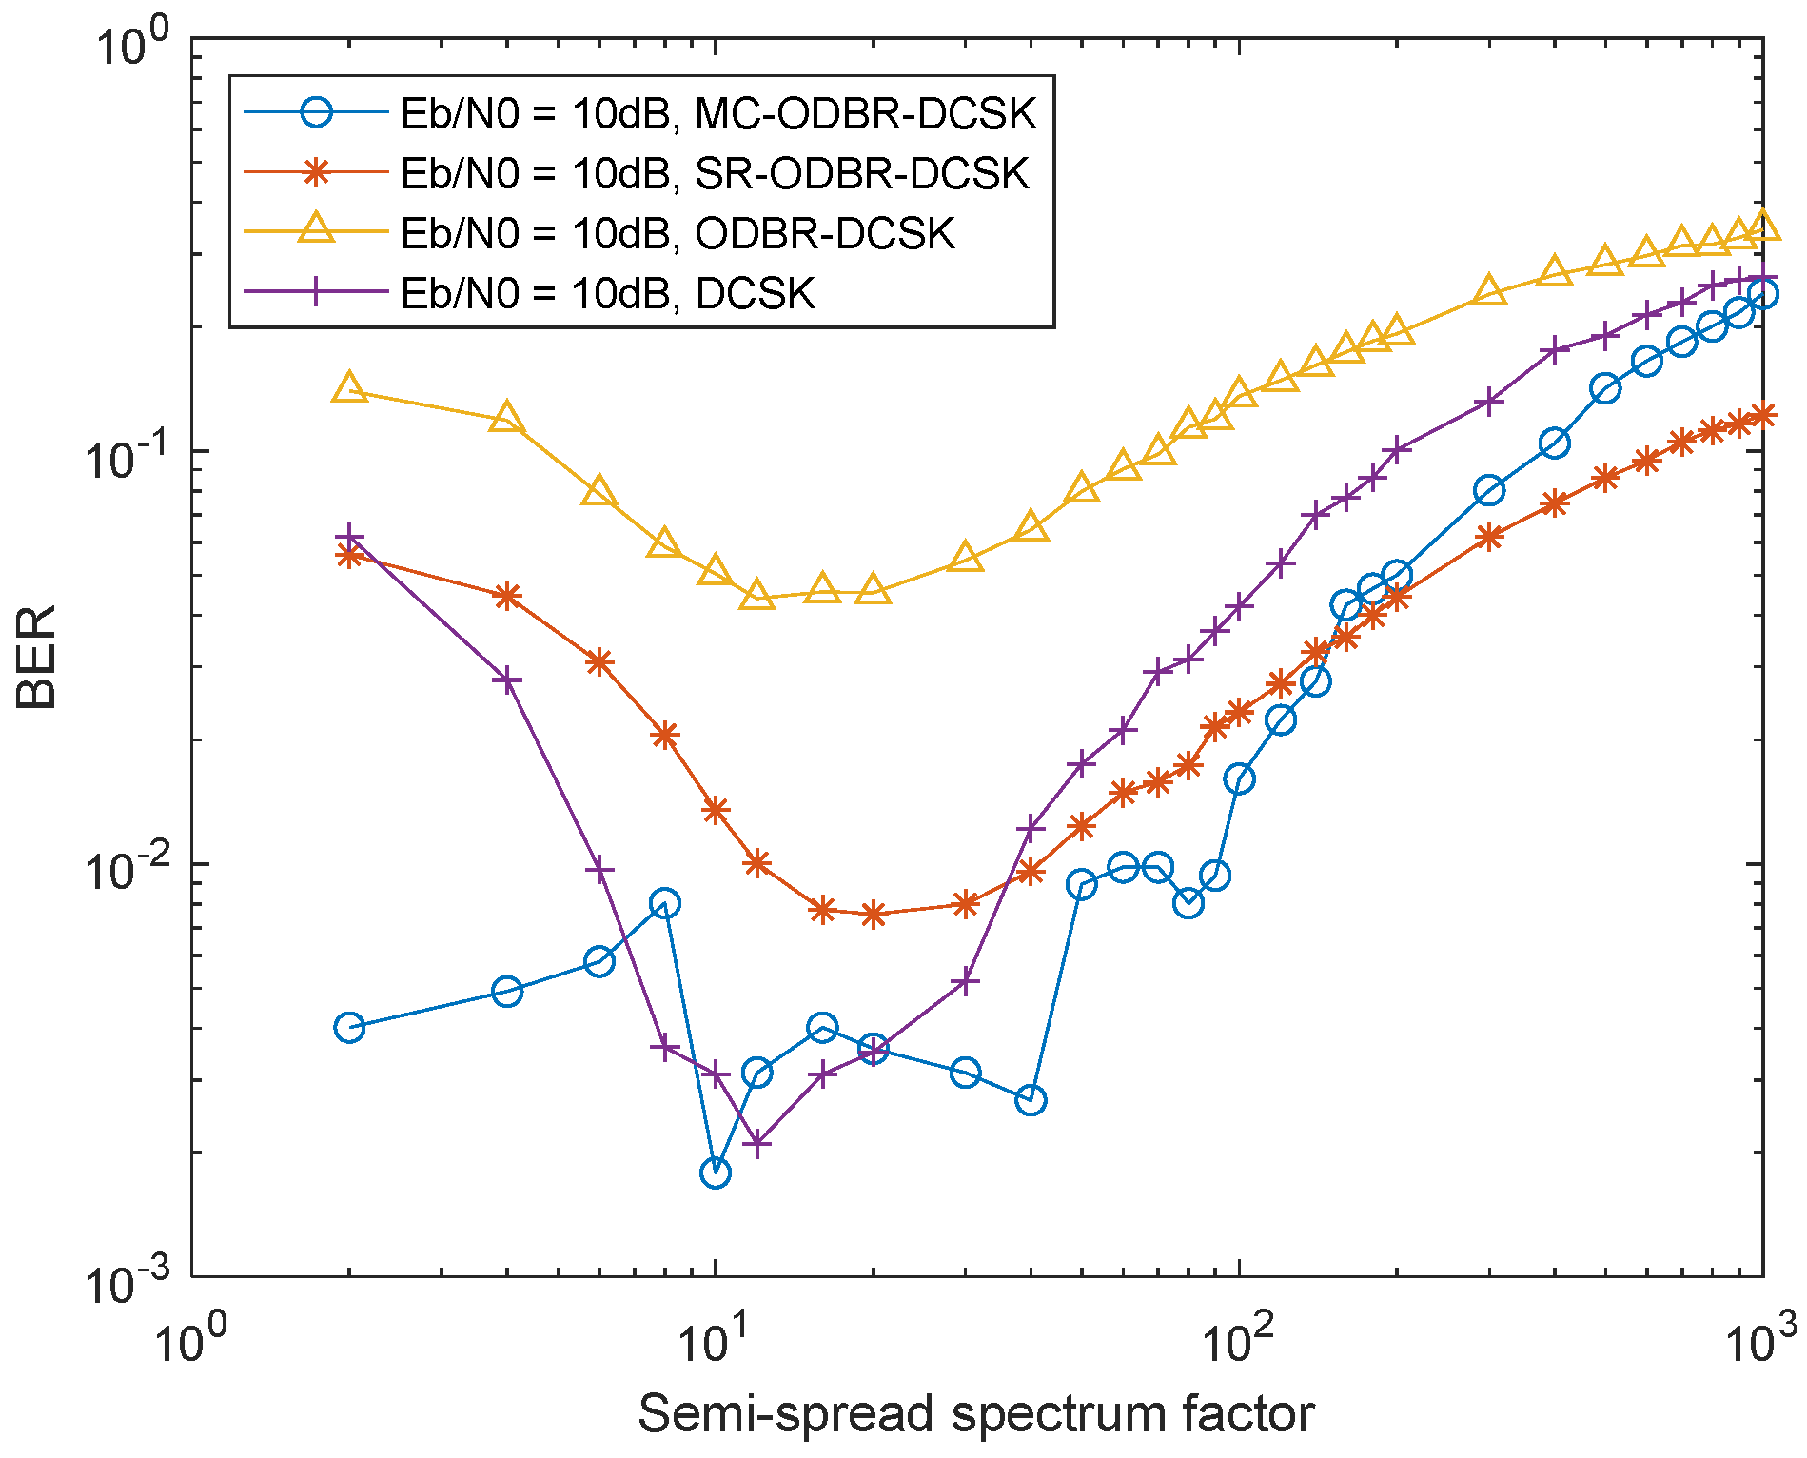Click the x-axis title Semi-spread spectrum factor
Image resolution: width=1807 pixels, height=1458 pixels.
(975, 1413)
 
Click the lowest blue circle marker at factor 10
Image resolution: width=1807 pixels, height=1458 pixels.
(716, 1172)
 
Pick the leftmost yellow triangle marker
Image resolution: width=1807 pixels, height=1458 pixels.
(349, 388)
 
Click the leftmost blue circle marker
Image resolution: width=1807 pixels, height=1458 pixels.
(349, 1028)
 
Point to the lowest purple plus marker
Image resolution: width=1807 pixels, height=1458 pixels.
(757, 1143)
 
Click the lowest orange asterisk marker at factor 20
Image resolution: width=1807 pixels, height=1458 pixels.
(874, 915)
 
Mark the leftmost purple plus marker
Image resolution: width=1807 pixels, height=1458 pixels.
(349, 536)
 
